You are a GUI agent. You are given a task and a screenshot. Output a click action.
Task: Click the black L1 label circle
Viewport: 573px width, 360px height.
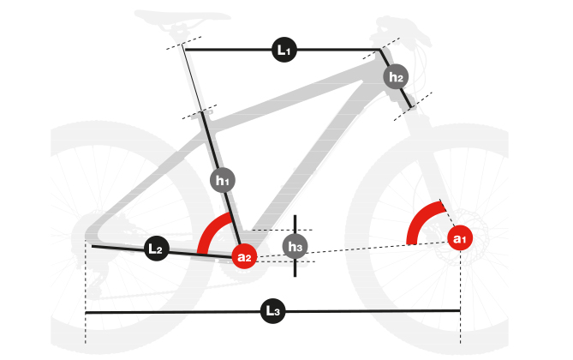[x=284, y=50]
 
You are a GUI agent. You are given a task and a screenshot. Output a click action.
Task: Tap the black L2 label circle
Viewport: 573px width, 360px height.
[x=157, y=249]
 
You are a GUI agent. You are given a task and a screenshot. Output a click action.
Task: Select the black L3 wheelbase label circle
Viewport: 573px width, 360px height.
[x=272, y=311]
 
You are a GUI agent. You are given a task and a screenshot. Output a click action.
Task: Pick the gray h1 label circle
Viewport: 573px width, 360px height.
[x=223, y=180]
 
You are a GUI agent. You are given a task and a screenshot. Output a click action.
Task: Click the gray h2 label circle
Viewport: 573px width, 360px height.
[x=396, y=76]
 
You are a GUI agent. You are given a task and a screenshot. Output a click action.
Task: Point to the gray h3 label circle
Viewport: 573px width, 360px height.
[x=295, y=246]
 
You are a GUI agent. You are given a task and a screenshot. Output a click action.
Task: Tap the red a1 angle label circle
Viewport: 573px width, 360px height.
[x=460, y=238]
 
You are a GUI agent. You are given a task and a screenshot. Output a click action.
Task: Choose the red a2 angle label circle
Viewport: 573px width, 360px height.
[x=244, y=256]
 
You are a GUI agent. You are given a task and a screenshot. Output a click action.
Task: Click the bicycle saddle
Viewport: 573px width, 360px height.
[x=182, y=18]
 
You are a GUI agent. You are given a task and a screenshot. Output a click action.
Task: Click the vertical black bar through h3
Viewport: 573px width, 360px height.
[x=295, y=246]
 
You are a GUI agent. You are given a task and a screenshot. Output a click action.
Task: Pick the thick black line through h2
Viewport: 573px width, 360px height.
[x=396, y=78]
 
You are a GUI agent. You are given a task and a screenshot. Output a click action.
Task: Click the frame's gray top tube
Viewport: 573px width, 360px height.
[x=292, y=94]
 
